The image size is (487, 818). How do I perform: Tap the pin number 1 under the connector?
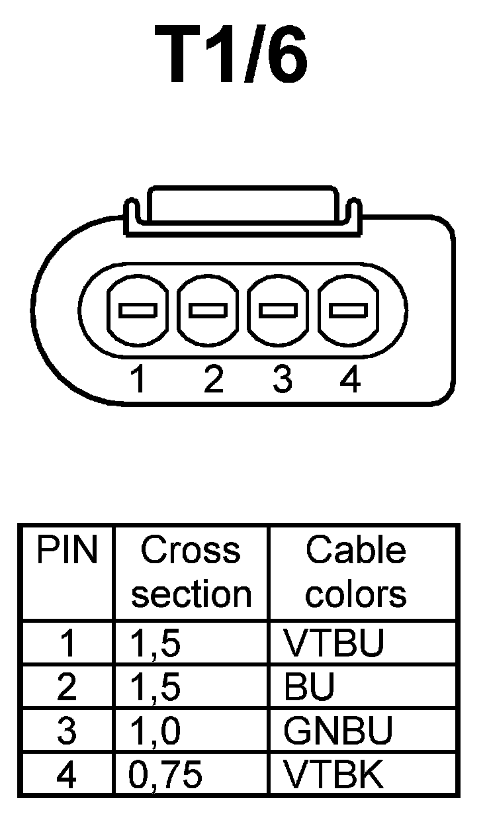click(x=138, y=380)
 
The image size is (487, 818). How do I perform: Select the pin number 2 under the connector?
click(x=213, y=380)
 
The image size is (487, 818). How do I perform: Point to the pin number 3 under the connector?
click(x=283, y=380)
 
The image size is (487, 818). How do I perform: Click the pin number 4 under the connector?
click(x=349, y=380)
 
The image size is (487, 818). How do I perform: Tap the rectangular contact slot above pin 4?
click(x=349, y=310)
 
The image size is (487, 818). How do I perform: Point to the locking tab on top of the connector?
click(x=243, y=205)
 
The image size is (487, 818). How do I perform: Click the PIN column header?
click(x=66, y=551)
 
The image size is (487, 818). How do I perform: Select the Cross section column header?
click(x=191, y=572)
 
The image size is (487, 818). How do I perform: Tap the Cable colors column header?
click(x=355, y=572)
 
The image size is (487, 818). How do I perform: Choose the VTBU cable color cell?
click(x=333, y=643)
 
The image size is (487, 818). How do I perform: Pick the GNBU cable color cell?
click(x=337, y=731)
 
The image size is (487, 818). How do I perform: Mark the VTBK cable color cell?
click(x=333, y=774)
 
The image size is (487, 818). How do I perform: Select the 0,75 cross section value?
click(x=165, y=774)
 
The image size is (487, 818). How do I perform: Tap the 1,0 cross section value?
click(x=155, y=731)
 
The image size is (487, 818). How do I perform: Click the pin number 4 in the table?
click(x=66, y=774)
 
